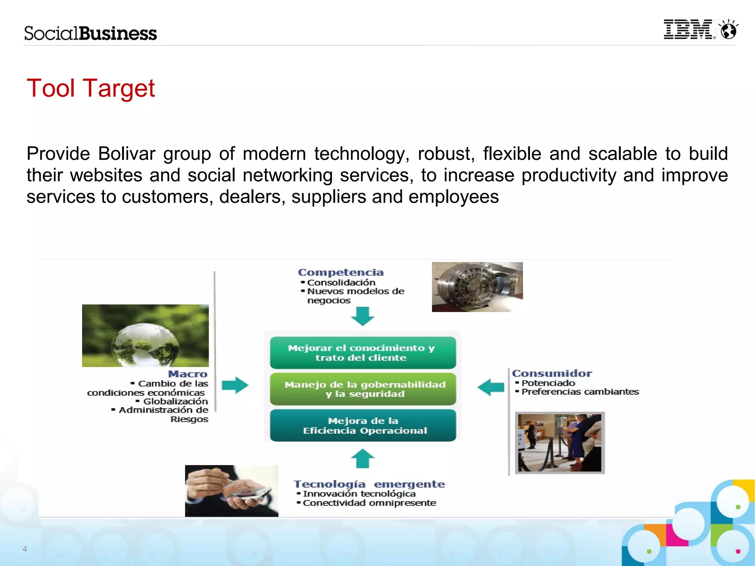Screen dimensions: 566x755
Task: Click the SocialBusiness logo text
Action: (x=90, y=34)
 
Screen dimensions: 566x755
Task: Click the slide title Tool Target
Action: (x=91, y=88)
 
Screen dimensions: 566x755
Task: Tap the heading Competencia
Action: (x=341, y=272)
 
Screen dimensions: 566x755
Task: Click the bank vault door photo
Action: (x=477, y=287)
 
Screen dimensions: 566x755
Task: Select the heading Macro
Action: (x=188, y=374)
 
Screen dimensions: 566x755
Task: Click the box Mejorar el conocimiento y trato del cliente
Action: (x=363, y=353)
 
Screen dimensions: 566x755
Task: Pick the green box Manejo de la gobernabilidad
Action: (x=363, y=389)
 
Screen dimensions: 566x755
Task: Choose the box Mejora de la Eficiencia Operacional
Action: (x=363, y=426)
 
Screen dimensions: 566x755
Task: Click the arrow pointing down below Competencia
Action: (x=362, y=316)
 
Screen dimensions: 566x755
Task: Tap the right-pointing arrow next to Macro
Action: (x=235, y=385)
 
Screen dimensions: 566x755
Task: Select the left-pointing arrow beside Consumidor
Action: (x=491, y=387)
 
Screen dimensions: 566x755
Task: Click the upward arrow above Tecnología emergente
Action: (x=362, y=458)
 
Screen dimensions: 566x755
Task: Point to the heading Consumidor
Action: (x=552, y=373)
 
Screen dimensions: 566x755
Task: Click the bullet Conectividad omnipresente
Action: (x=369, y=503)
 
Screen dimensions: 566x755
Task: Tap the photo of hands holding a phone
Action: (x=232, y=491)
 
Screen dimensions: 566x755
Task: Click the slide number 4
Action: (x=25, y=549)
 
